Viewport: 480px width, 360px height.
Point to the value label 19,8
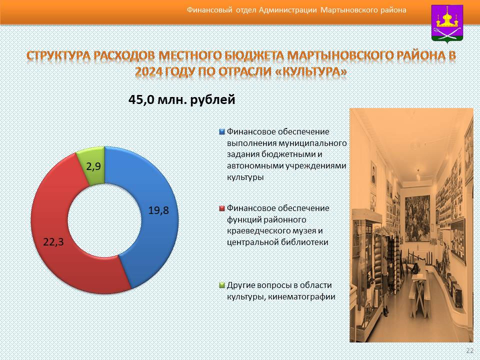coord(158,210)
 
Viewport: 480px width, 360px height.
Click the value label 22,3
coord(53,242)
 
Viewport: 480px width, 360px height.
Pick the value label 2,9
coord(93,166)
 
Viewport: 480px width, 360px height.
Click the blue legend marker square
coord(222,132)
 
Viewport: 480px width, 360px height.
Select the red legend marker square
coord(222,208)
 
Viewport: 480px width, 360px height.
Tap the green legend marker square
coord(222,285)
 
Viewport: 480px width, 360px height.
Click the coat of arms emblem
coord(447,24)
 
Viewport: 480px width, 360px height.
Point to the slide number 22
coord(469,351)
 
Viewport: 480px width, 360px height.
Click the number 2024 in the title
coord(149,71)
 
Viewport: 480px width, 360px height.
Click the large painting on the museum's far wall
coord(417,218)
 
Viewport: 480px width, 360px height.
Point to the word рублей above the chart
coord(213,100)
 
